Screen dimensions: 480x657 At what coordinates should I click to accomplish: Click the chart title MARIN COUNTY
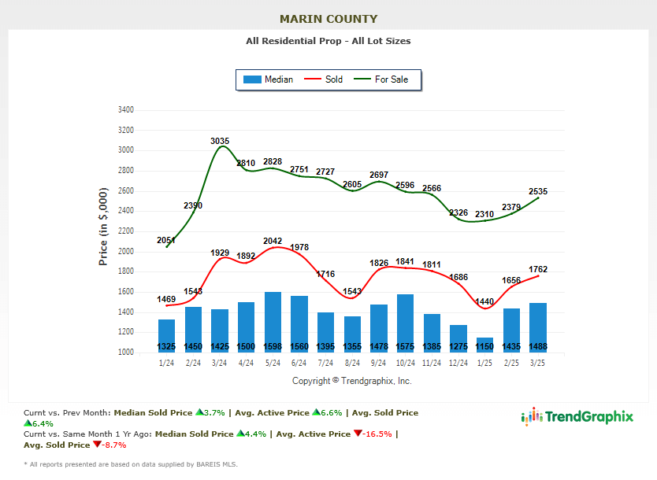click(328, 19)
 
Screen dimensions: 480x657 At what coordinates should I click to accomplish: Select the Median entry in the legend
click(269, 79)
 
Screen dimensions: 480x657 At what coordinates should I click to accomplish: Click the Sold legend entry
click(324, 79)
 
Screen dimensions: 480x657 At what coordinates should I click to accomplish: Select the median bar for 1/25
click(485, 343)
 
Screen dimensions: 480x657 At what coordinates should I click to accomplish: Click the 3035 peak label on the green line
click(220, 142)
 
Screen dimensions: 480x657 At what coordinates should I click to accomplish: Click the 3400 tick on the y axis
click(125, 109)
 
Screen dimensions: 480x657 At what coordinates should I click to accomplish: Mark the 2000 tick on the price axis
click(125, 252)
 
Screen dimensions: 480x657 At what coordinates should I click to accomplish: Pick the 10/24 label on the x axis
click(406, 364)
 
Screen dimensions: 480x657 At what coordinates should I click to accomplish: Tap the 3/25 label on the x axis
click(538, 364)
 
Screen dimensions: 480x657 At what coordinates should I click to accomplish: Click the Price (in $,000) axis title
click(103, 227)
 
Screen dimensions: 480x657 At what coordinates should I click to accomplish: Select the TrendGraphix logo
click(577, 417)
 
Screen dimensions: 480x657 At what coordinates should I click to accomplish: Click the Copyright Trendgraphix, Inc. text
click(351, 381)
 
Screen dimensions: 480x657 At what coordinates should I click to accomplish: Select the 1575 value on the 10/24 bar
click(406, 347)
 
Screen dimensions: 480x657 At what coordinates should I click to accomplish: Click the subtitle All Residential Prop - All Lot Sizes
click(328, 41)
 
